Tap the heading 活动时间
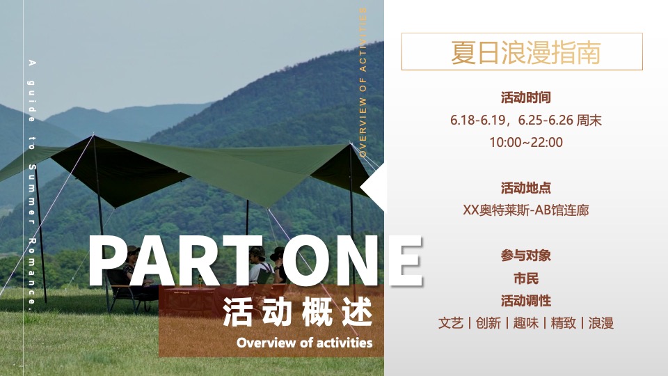coord(525,97)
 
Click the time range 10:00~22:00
coord(525,143)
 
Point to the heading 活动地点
coord(525,188)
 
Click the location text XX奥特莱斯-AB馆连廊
coord(525,210)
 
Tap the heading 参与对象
coord(525,256)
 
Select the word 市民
coord(525,279)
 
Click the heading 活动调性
coord(525,301)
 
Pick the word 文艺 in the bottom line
coord(451,323)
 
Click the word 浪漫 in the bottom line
coord(601,323)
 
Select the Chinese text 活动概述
coord(297,313)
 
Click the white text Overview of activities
coord(304,343)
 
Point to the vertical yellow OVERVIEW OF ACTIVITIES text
coord(363,84)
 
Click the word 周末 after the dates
coord(590,120)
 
